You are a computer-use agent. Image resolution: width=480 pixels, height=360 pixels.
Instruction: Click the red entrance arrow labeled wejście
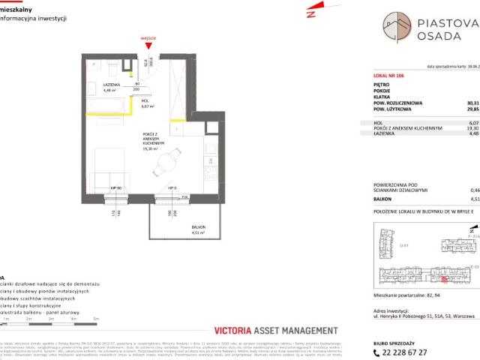147,44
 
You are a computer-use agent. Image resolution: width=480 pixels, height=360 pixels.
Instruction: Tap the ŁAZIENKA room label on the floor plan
113,85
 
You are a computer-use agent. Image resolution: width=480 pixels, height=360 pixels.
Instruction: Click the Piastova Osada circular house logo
397,27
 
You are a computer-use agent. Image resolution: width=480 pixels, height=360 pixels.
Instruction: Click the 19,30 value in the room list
471,127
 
